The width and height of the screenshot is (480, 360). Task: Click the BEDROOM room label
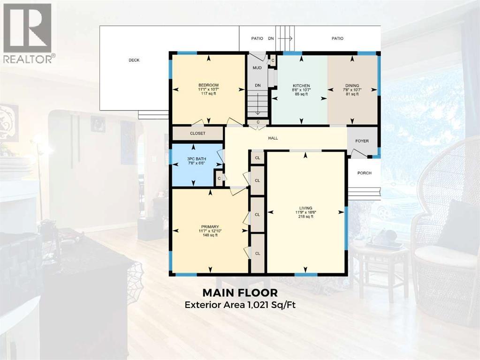click(x=208, y=85)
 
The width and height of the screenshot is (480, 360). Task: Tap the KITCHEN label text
click(x=300, y=85)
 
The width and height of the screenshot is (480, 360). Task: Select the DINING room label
click(x=352, y=85)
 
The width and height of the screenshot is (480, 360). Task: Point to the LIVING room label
click(x=306, y=208)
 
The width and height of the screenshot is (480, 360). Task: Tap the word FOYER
click(x=362, y=141)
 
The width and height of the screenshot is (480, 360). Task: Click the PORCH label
click(x=364, y=173)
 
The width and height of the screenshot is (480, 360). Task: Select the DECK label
click(x=134, y=60)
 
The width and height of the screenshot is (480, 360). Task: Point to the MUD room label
click(x=257, y=68)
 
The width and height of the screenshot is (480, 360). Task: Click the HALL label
click(x=273, y=138)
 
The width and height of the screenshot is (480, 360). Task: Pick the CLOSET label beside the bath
click(x=198, y=134)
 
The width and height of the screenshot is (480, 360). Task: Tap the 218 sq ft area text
click(x=306, y=217)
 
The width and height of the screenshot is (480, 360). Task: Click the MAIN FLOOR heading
click(x=240, y=293)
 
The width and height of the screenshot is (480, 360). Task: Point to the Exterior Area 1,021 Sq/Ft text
click(x=240, y=305)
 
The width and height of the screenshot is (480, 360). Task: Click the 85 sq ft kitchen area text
click(x=300, y=94)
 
